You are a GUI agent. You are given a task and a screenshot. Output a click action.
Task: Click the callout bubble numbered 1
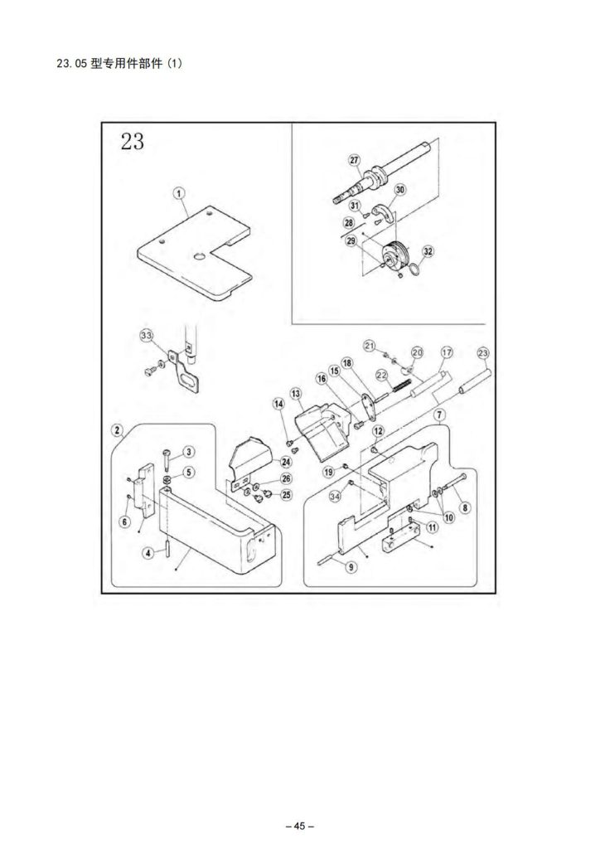click(178, 192)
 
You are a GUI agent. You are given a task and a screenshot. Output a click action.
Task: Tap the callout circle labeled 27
click(354, 160)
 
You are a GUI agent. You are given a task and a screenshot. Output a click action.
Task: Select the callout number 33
click(147, 335)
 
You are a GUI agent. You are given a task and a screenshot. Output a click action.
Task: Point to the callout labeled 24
click(286, 461)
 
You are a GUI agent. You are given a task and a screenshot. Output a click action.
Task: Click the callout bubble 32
click(428, 251)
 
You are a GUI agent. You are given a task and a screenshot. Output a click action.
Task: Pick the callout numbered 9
click(351, 567)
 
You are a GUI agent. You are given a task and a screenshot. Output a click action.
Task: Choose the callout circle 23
click(482, 353)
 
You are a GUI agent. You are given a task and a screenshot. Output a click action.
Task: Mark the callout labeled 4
click(148, 553)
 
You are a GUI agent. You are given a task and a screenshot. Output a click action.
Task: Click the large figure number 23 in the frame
click(133, 142)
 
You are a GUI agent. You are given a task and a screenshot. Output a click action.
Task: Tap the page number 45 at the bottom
click(300, 826)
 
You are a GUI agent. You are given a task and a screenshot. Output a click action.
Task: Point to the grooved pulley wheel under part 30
click(395, 256)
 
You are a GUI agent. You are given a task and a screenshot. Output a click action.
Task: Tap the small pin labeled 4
click(168, 548)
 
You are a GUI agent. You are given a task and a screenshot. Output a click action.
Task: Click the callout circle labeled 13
click(295, 394)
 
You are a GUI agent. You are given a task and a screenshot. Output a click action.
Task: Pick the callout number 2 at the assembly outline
click(117, 430)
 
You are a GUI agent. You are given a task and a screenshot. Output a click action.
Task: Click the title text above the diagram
click(119, 63)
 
